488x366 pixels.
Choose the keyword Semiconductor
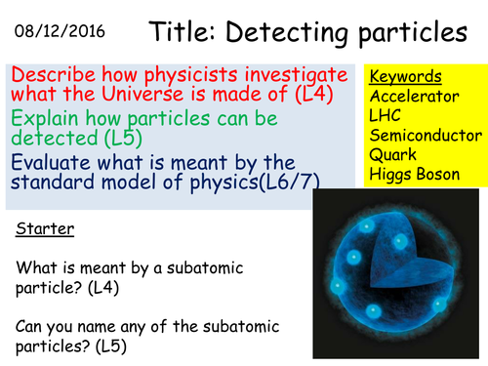[425, 136]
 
